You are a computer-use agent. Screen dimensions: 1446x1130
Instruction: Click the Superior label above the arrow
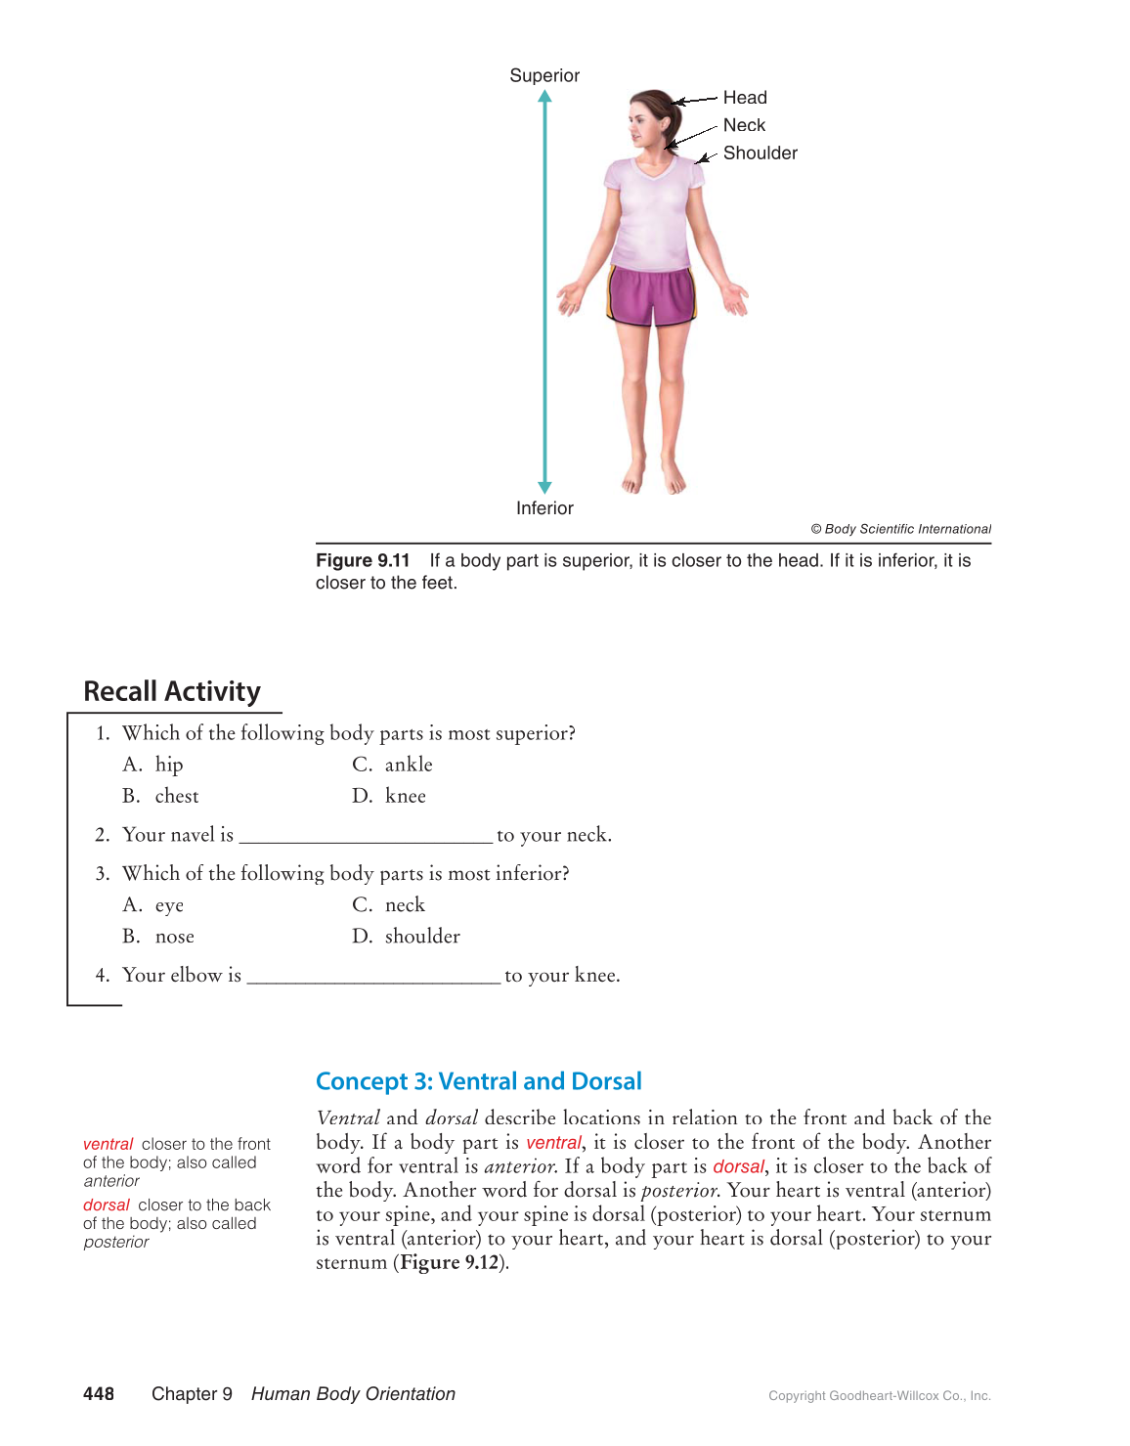point(544,75)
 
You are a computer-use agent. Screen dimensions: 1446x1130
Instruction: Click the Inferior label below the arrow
point(544,508)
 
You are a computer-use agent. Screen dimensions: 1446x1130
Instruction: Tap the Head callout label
point(745,98)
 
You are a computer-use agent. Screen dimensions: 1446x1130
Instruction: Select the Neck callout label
point(744,125)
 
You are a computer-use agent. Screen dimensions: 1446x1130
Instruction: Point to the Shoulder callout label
point(760,153)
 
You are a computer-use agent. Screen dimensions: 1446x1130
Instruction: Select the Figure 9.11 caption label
point(363,560)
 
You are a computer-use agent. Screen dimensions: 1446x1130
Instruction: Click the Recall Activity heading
point(172,691)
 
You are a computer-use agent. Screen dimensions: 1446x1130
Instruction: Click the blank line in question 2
point(366,838)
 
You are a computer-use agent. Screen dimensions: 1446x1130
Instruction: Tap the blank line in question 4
point(373,979)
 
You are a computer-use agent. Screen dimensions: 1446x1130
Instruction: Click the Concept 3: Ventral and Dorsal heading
point(478,1081)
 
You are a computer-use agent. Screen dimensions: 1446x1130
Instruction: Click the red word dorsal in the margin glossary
point(107,1205)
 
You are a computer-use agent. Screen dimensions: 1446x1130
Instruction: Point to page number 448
point(99,1394)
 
